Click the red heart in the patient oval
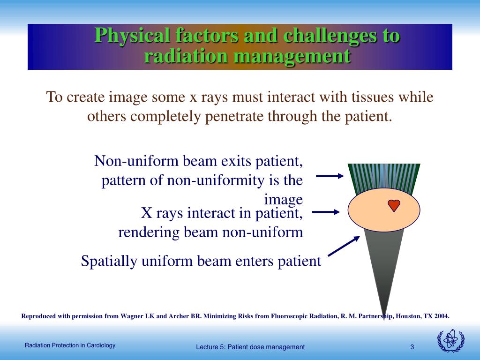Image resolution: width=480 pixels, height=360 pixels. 394,205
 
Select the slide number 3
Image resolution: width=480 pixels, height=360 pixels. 412,347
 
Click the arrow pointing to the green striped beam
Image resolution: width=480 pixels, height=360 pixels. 330,176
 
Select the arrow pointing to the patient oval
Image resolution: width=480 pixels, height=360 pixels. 326,212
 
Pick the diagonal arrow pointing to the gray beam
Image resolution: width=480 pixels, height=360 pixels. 344,246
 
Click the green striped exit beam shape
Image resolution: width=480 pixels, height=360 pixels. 383,178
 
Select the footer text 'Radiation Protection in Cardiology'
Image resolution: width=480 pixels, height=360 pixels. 70,345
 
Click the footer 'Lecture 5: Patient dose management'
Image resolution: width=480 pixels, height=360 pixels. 250,347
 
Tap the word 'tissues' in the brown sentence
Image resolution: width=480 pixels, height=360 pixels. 372,97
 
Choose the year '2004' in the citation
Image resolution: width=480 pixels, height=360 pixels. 441,316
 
